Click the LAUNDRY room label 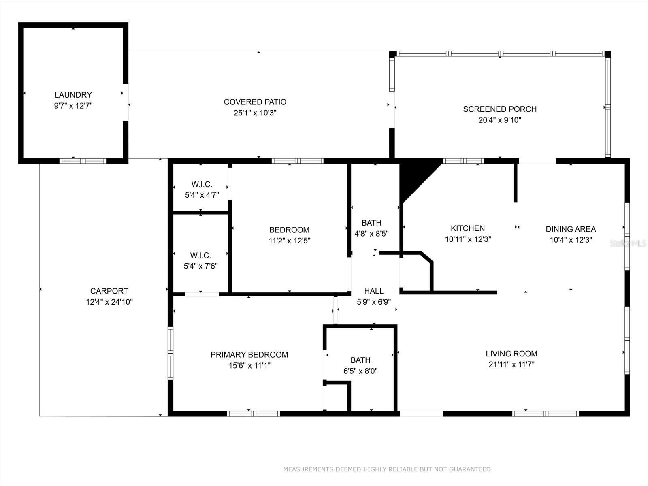click(x=73, y=95)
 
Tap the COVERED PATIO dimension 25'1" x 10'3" click(x=255, y=113)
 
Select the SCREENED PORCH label click(x=500, y=109)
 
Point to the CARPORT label click(x=109, y=291)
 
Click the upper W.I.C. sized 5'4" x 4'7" click(x=202, y=190)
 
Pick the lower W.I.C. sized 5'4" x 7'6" click(x=200, y=260)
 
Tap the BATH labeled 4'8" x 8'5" click(x=371, y=228)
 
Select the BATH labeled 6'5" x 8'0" click(x=360, y=365)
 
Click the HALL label click(x=373, y=291)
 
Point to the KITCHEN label click(x=468, y=228)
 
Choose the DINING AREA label click(x=571, y=229)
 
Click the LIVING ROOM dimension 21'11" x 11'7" click(x=511, y=364)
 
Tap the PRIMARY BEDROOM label click(x=249, y=355)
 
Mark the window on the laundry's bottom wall click(x=83, y=161)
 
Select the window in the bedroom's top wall click(x=297, y=161)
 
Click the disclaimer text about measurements click(x=388, y=469)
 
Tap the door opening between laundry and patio click(x=126, y=102)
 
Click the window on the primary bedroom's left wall click(x=171, y=353)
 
